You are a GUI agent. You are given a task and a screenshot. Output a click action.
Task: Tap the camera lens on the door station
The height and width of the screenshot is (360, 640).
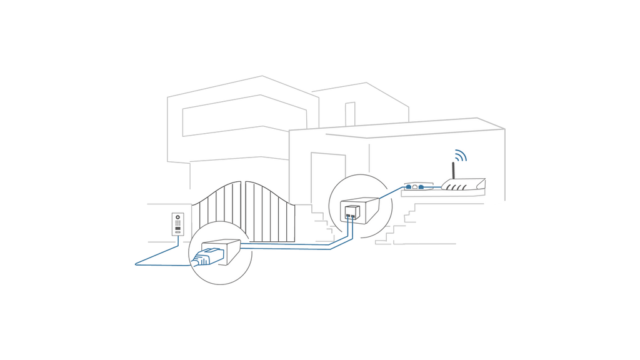[177, 217]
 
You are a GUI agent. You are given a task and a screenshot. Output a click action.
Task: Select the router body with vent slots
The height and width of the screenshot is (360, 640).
[463, 184]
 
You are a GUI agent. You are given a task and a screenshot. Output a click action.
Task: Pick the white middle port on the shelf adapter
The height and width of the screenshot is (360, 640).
[414, 186]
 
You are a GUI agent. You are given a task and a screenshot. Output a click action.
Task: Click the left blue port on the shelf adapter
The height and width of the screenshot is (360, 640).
[407, 186]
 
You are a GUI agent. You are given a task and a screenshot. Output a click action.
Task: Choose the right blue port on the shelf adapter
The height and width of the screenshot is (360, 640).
[422, 186]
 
